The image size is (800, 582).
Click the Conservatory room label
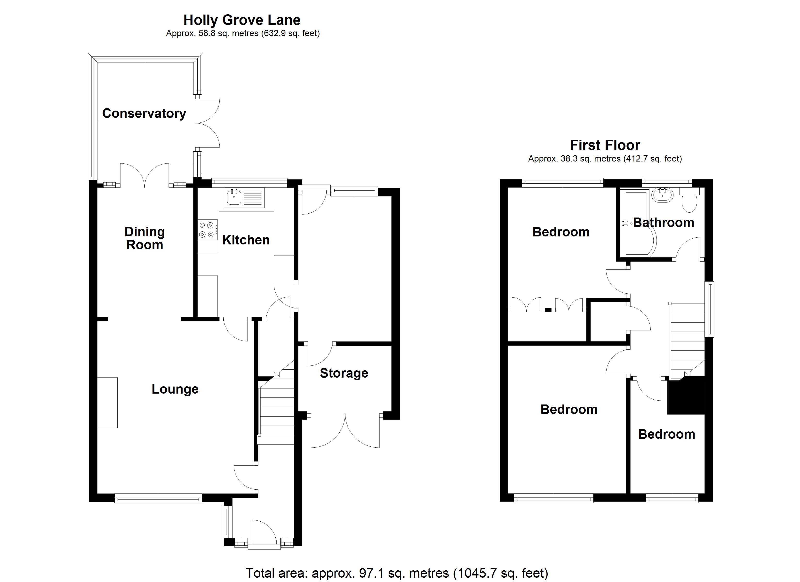point(144,113)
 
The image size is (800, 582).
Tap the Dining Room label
point(145,238)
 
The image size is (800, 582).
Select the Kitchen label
point(246,240)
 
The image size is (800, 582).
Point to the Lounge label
point(175,389)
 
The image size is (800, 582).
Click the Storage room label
point(344,373)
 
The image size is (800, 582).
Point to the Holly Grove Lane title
point(242,20)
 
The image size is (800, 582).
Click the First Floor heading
point(605,145)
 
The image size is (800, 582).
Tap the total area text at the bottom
point(396,573)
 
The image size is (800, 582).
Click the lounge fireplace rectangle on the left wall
point(107,403)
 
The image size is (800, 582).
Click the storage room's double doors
point(345,432)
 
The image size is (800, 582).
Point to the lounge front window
point(158,498)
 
